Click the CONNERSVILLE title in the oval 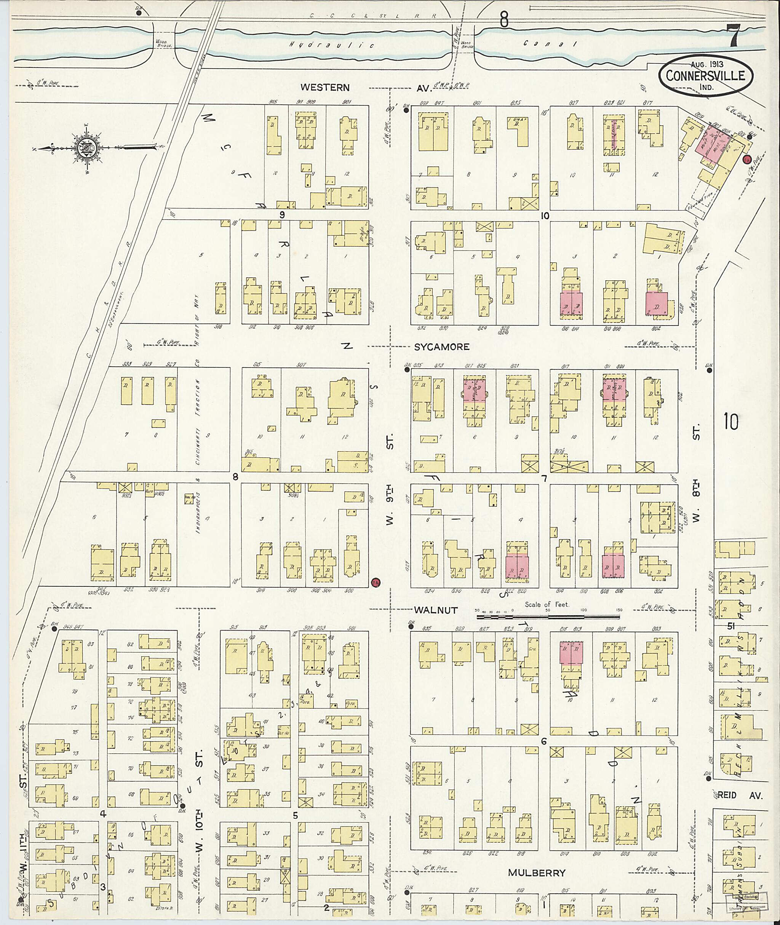pyautogui.click(x=705, y=76)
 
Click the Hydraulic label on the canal pyautogui.click(x=332, y=45)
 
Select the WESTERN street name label pyautogui.click(x=325, y=88)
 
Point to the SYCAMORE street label pyautogui.click(x=441, y=347)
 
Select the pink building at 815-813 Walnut pyautogui.click(x=571, y=653)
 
